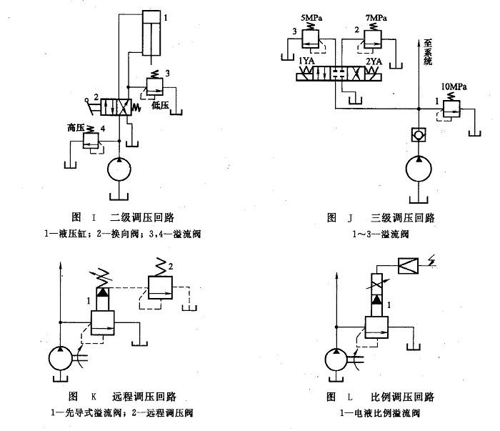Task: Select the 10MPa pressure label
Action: [454, 87]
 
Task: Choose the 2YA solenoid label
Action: [373, 62]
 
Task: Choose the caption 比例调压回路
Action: [404, 397]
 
